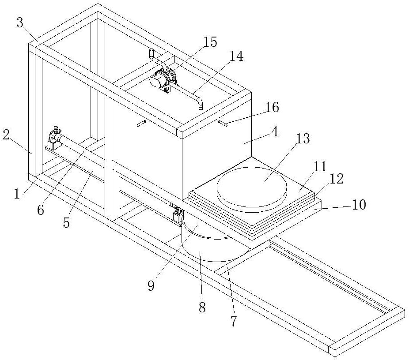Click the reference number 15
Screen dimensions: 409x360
click(x=210, y=42)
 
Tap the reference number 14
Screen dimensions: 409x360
click(x=236, y=56)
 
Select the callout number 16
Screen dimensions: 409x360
click(x=272, y=107)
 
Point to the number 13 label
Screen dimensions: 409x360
click(x=303, y=139)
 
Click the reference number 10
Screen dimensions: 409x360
click(x=359, y=205)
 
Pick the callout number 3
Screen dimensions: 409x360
click(x=20, y=23)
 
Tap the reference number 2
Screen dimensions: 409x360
click(x=6, y=135)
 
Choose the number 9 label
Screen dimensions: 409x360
click(x=151, y=286)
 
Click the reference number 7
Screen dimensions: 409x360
click(x=233, y=321)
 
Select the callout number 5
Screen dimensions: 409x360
click(x=66, y=223)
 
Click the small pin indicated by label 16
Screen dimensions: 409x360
click(x=223, y=124)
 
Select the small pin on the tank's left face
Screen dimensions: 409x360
click(x=141, y=124)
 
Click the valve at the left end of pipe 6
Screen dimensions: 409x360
click(x=54, y=133)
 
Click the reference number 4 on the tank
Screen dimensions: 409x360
click(x=274, y=133)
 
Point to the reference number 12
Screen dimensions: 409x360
click(x=336, y=179)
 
